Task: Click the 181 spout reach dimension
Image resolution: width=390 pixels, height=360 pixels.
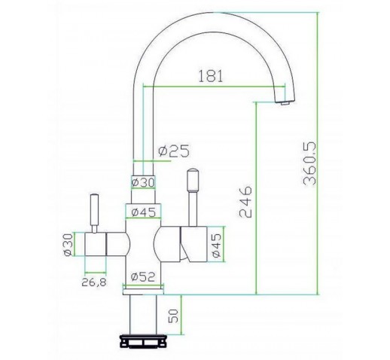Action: click(x=211, y=76)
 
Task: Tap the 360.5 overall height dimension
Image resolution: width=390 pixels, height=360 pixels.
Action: click(x=309, y=164)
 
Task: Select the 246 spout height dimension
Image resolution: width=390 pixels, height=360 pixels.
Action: click(x=245, y=202)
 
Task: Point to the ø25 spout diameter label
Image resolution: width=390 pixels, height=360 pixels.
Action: click(x=174, y=151)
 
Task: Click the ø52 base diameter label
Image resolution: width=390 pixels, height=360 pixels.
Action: click(x=143, y=277)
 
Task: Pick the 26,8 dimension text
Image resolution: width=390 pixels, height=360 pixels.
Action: click(x=94, y=282)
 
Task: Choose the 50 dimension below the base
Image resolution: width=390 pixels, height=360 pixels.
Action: click(x=173, y=316)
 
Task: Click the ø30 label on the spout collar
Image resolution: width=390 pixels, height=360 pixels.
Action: click(x=143, y=182)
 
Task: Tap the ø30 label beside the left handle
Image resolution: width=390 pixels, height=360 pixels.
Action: click(x=69, y=245)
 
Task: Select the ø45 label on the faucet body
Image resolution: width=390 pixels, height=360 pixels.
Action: click(x=144, y=212)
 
